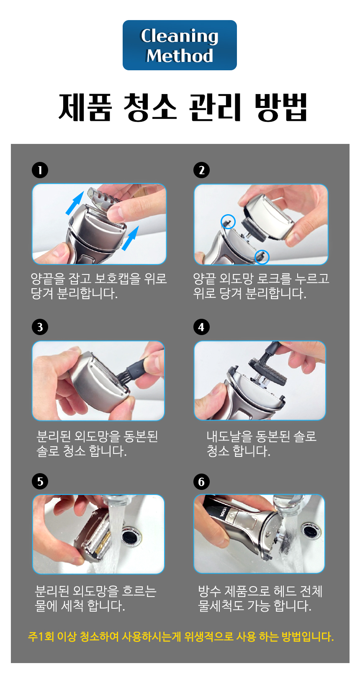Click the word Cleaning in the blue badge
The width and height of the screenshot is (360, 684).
(x=179, y=36)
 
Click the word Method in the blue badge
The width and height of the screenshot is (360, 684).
(x=180, y=56)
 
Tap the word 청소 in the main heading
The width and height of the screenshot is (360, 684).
(x=150, y=107)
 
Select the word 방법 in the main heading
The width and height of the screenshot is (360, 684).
(x=281, y=107)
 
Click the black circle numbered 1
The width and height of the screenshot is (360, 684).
(x=40, y=170)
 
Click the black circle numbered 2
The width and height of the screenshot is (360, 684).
(x=201, y=170)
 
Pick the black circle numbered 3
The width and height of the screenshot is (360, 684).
(x=40, y=327)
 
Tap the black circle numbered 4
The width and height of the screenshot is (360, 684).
(x=201, y=327)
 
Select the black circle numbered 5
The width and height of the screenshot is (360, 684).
(x=40, y=481)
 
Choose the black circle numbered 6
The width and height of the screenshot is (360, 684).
(x=201, y=482)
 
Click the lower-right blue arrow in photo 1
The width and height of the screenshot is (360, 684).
(x=130, y=238)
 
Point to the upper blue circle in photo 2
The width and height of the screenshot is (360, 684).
(x=228, y=221)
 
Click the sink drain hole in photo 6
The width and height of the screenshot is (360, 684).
(x=310, y=530)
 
